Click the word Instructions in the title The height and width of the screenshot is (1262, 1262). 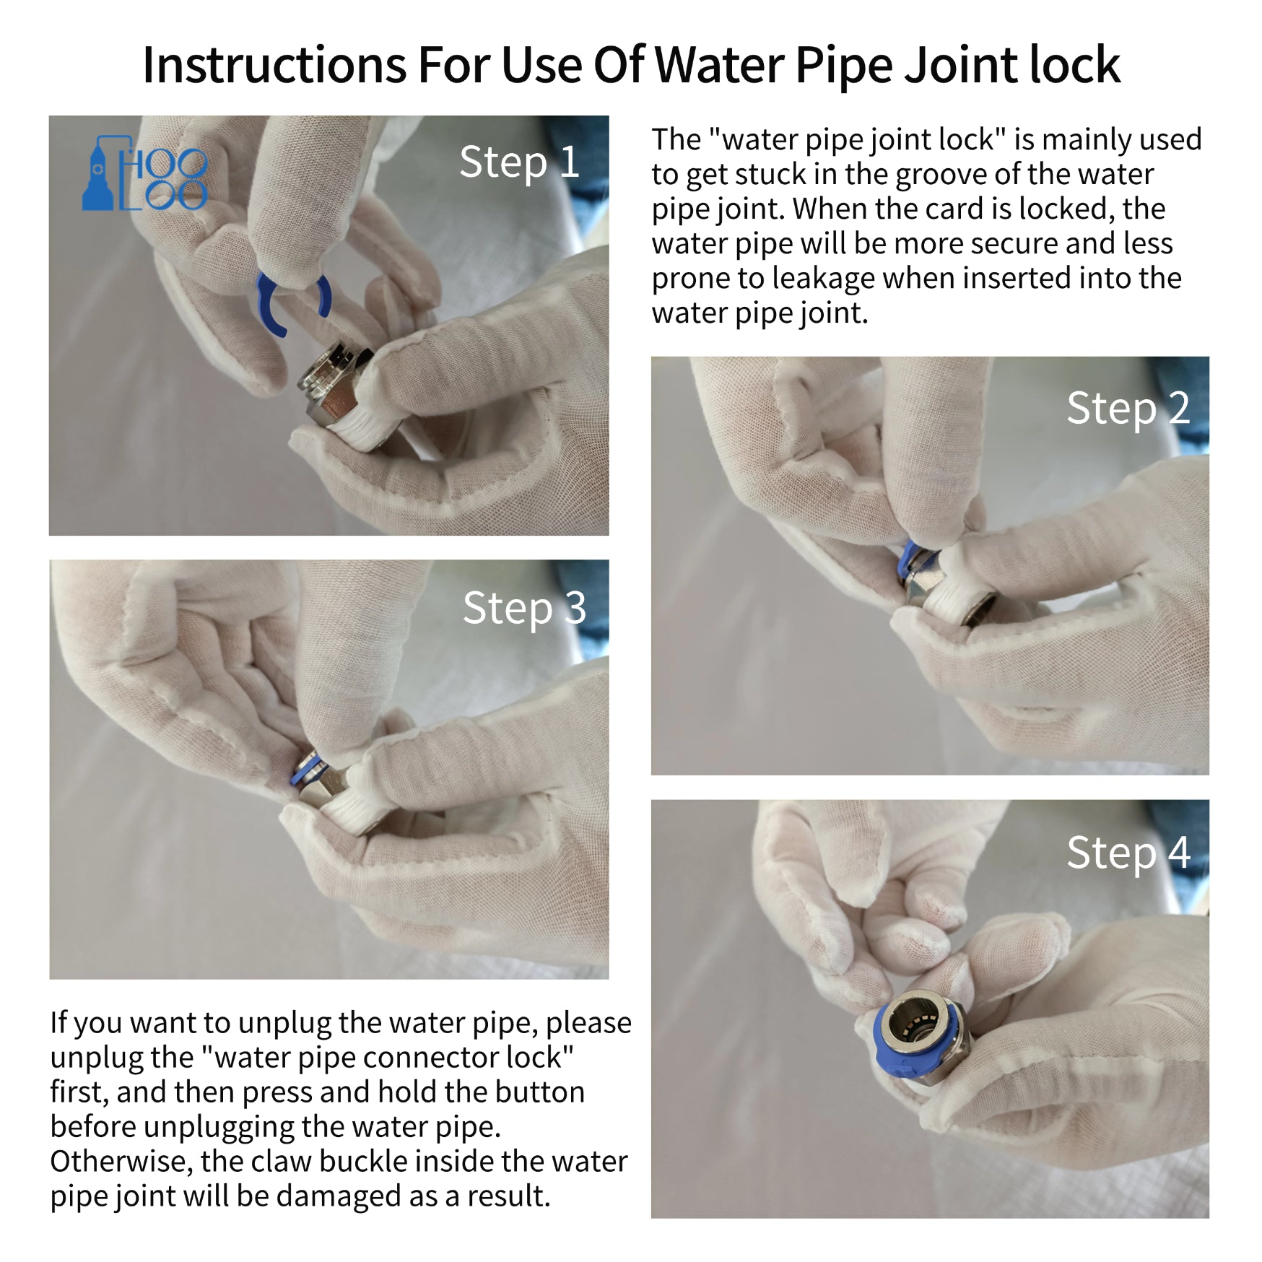point(274,65)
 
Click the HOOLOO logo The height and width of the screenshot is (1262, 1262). point(145,173)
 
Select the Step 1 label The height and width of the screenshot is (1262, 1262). point(519,163)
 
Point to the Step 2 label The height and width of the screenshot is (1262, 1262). point(1128,409)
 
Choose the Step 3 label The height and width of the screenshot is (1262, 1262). point(524,609)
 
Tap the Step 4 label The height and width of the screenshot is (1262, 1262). point(1128,854)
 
